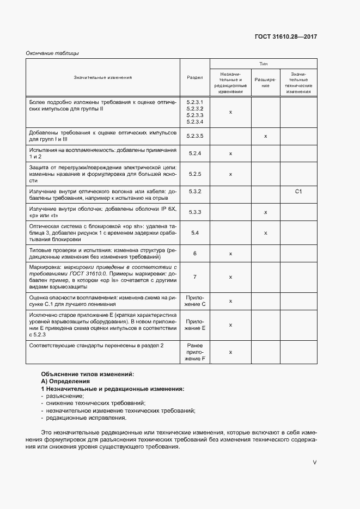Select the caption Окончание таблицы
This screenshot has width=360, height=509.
coord(52,53)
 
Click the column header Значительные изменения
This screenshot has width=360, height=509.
coord(103,77)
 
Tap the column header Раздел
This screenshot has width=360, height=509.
coord(194,77)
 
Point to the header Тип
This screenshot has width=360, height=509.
coord(263,63)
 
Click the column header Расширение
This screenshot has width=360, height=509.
coord(265,82)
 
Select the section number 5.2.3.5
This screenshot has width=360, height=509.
coord(194,136)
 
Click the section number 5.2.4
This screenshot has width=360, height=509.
coord(194,154)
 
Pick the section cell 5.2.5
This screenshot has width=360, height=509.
coord(194,174)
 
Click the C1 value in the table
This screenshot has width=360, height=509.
coord(298,192)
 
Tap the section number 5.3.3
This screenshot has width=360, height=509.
coord(194,212)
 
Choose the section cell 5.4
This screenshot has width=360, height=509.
coord(194,232)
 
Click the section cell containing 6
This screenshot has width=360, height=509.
coord(194,253)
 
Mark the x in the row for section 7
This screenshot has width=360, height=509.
coord(230,277)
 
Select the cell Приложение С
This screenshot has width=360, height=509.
coord(195,301)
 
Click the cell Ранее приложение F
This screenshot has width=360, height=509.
coord(194,352)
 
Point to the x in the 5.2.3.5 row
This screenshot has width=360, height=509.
coord(265,136)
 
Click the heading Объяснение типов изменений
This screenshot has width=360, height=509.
coord(87,375)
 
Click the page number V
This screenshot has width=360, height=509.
coord(314,462)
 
